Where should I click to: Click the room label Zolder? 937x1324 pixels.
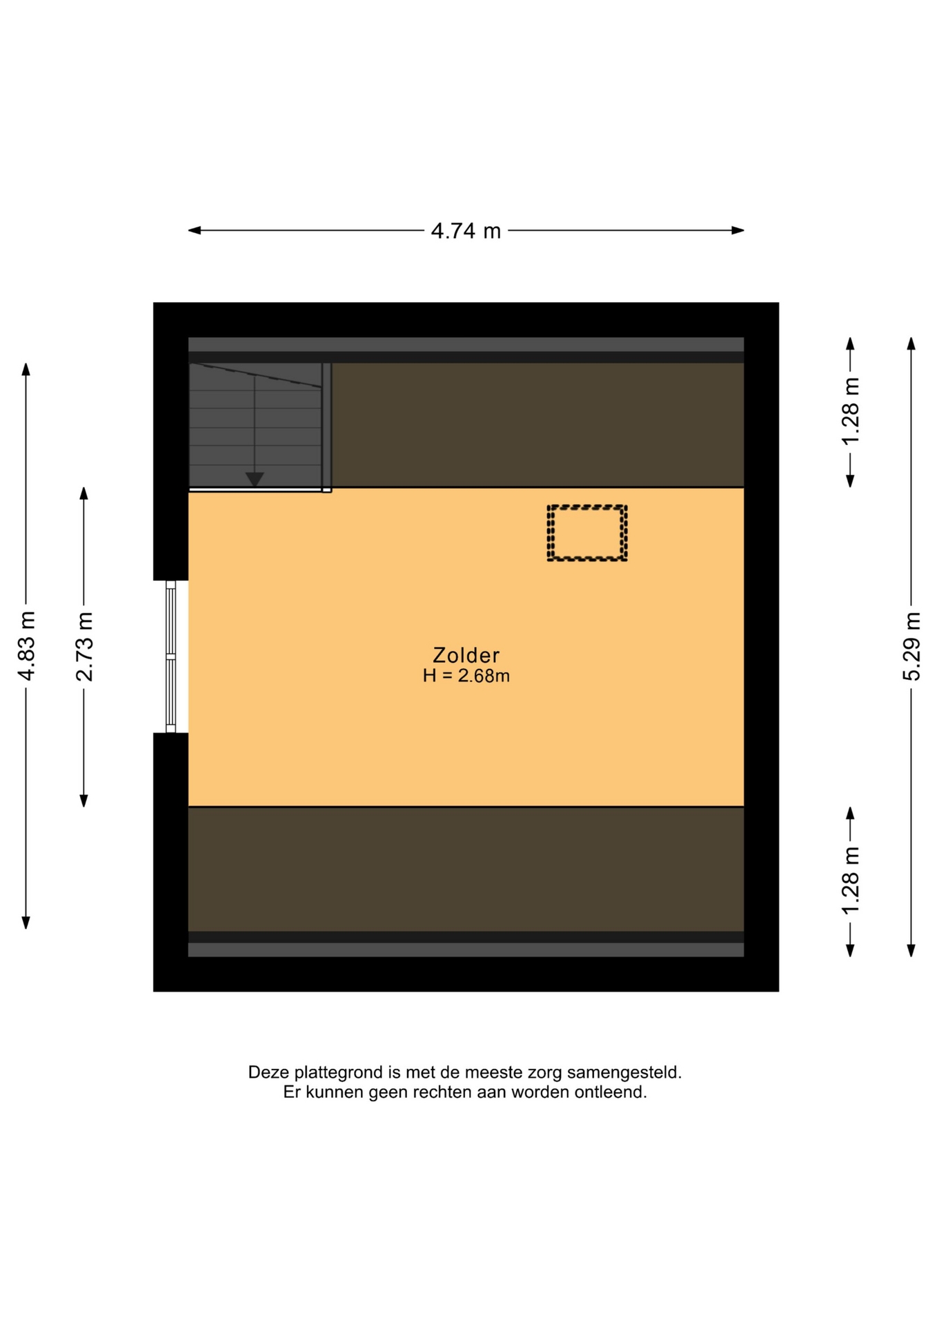pos(466,654)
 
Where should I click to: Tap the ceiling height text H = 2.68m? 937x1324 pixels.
pos(466,676)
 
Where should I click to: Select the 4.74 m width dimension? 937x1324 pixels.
pos(466,230)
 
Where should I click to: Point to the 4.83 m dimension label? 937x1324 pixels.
pos(26,645)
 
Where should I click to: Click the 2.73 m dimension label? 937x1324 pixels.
pos(84,646)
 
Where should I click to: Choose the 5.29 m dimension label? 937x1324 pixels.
pos(911,646)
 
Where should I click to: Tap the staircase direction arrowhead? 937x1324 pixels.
pos(255,479)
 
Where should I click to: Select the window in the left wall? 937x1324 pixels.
pos(170,656)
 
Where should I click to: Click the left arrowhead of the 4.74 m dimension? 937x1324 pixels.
pos(194,230)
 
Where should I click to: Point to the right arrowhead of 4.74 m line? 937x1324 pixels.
pos(738,230)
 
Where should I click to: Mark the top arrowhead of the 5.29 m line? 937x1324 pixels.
pos(911,343)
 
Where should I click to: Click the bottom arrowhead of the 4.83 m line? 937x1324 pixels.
pos(26,923)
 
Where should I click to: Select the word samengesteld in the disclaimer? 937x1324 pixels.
pos(635,1073)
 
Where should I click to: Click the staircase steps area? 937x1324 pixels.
pos(255,425)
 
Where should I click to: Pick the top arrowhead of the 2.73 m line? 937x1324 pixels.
pos(84,494)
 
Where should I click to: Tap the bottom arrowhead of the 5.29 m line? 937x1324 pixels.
pos(911,950)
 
